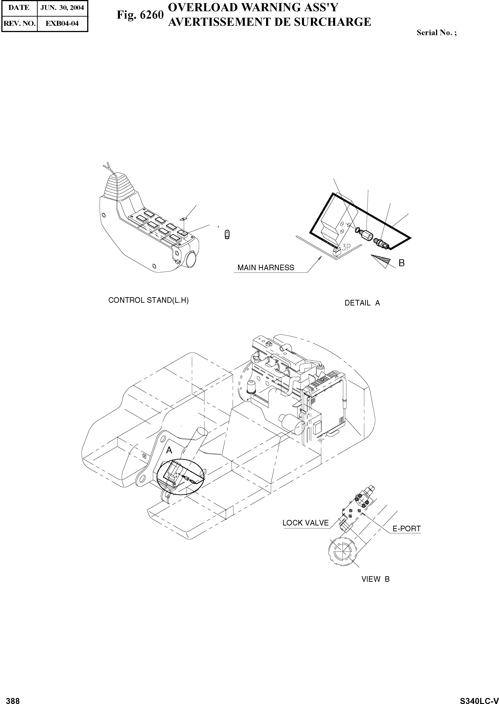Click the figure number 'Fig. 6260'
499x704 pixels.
point(140,15)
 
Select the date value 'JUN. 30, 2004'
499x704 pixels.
point(62,8)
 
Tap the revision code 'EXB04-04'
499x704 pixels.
point(62,23)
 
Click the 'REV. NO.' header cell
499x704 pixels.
point(19,23)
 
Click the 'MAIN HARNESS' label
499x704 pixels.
point(266,268)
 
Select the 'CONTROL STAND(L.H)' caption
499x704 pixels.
point(148,300)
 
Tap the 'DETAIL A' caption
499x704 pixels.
point(362,303)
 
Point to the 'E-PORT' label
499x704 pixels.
point(406,529)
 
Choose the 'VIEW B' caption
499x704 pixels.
point(375,579)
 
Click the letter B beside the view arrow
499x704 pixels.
point(401,263)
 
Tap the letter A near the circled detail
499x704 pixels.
point(169,450)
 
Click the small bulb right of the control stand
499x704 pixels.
point(227,235)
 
